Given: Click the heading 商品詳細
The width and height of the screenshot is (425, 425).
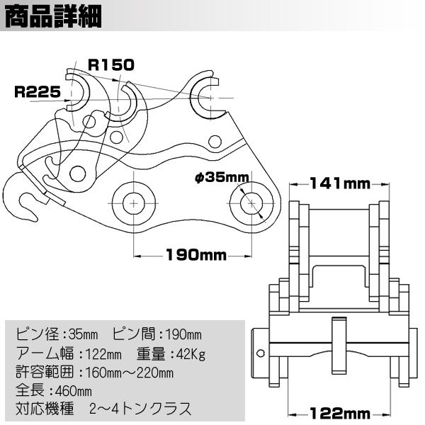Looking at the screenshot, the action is click(53, 16).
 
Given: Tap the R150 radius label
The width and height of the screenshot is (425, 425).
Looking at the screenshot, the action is click(111, 65).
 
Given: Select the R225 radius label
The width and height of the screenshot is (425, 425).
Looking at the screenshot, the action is click(38, 91).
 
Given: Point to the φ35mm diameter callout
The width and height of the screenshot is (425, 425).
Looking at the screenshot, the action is click(222, 178).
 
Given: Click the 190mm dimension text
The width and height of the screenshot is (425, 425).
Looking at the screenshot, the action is click(196, 255).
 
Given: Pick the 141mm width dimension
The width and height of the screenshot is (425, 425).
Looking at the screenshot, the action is click(340, 183).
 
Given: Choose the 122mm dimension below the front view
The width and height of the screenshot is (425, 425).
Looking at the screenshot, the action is click(340, 414).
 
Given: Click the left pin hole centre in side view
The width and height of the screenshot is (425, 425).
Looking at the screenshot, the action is click(134, 203).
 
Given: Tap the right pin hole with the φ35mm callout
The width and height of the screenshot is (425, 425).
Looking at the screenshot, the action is click(251, 203).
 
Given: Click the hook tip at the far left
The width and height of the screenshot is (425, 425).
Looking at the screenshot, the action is click(35, 218).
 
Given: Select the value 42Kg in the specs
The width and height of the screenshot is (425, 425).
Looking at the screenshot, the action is click(191, 354).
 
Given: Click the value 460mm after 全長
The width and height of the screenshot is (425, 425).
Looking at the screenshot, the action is click(74, 391).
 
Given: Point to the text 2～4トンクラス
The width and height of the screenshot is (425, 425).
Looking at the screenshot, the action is click(140, 409).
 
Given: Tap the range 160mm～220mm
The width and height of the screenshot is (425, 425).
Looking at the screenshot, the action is click(130, 373).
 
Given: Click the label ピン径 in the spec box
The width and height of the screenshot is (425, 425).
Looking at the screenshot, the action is click(38, 334).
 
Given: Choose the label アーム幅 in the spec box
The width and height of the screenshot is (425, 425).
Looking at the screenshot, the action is click(45, 353).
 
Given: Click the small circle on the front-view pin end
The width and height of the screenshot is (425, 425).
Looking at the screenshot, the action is click(260, 353).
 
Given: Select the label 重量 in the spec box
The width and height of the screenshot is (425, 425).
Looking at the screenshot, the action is click(151, 353).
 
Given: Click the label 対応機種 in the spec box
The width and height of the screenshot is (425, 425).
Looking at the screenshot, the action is click(45, 409).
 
